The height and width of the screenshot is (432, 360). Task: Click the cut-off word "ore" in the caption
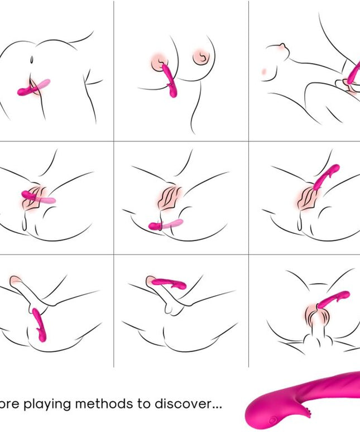(10, 404)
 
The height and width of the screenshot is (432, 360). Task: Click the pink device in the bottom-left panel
(40, 324)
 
